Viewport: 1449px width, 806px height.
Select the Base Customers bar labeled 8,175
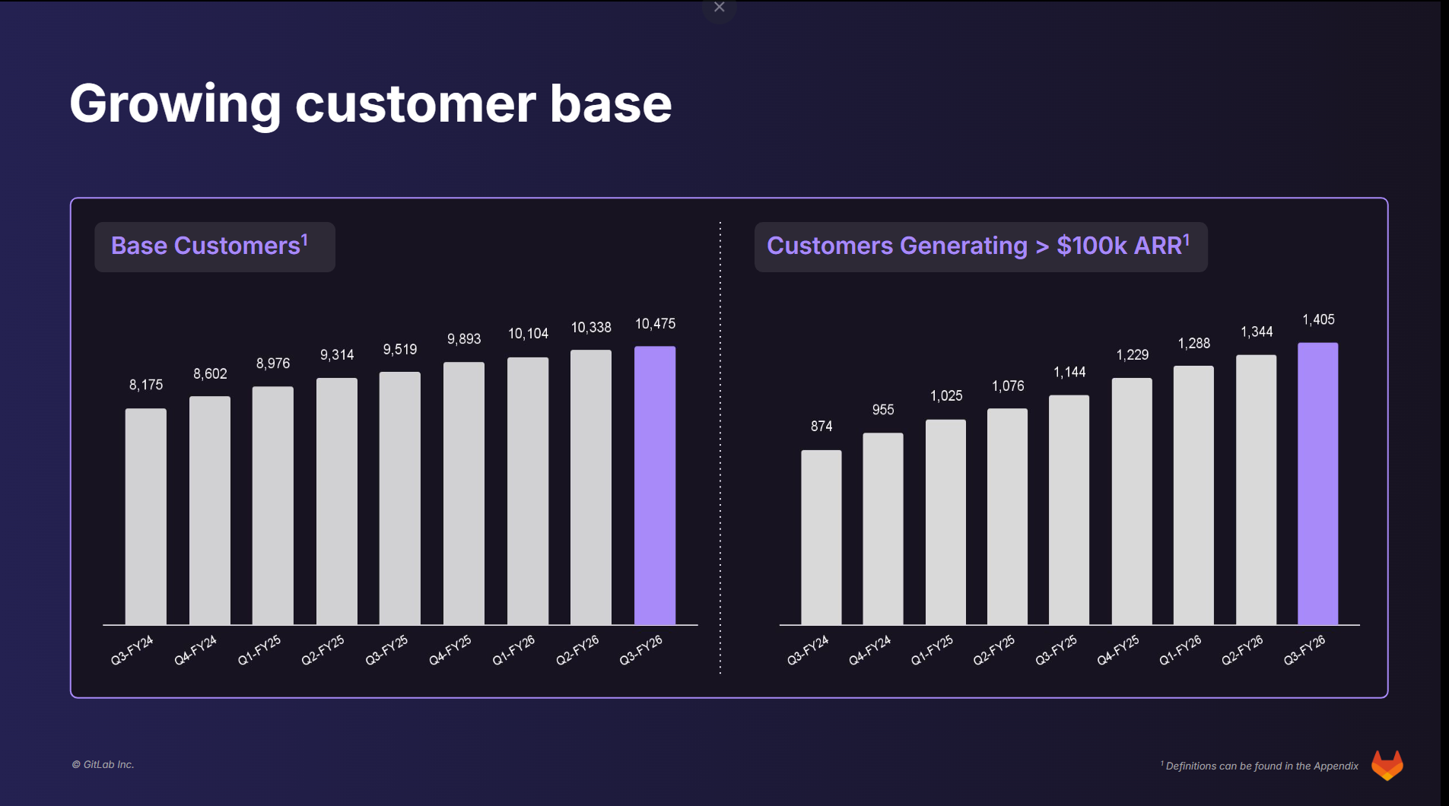145,516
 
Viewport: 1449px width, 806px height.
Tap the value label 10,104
528,334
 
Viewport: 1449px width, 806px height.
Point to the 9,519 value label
400,349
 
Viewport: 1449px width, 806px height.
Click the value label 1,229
1132,355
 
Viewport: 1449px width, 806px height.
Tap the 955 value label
882,410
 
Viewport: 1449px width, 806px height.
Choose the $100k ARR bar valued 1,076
1007,516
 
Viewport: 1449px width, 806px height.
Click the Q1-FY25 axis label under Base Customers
259,651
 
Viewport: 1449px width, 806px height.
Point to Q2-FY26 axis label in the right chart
1242,650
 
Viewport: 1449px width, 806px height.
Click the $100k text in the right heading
1092,246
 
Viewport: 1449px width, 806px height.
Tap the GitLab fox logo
1387,765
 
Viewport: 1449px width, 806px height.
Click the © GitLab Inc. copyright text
103,765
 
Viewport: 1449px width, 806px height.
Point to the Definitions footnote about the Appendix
1260,766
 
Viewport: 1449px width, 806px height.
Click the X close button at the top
719,8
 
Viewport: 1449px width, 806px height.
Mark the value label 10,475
655,324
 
